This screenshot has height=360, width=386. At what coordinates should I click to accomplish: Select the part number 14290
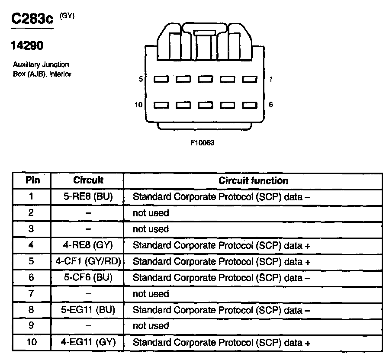[27, 45]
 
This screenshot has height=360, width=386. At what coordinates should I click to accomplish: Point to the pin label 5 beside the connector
[141, 80]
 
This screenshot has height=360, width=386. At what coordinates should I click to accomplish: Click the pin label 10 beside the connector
[139, 105]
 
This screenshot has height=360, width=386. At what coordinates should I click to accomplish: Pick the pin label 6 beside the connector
[271, 105]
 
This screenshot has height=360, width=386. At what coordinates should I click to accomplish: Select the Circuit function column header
[253, 180]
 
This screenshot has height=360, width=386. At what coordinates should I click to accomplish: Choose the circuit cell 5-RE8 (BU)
[88, 196]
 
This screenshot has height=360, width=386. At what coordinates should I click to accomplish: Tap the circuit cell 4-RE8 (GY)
[88, 245]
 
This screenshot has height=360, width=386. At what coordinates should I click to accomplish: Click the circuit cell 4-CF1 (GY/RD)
[88, 261]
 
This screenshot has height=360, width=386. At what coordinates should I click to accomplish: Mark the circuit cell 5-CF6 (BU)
[88, 278]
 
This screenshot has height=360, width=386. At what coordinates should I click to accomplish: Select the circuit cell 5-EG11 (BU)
[88, 310]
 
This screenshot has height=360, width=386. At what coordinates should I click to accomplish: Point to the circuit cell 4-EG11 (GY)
[88, 343]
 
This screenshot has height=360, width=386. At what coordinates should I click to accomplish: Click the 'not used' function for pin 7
[151, 294]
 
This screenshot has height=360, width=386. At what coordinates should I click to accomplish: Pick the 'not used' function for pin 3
[151, 229]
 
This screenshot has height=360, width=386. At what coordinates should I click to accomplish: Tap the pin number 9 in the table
[31, 326]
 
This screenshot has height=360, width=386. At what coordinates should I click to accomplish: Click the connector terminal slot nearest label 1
[249, 80]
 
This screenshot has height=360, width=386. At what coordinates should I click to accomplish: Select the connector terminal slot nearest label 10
[161, 105]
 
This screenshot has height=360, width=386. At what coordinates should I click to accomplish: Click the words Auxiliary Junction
[41, 65]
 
